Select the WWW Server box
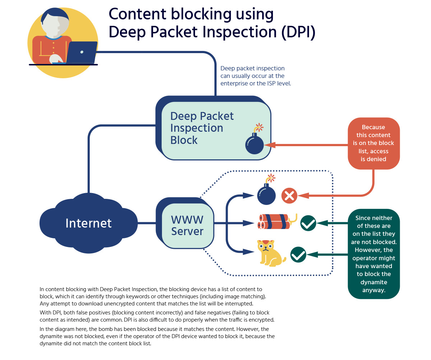tap(187, 225)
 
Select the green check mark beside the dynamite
tap(308, 223)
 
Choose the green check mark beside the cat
tap(298, 254)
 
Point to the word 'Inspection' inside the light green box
tap(196, 128)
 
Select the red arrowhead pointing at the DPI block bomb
tap(270, 145)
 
